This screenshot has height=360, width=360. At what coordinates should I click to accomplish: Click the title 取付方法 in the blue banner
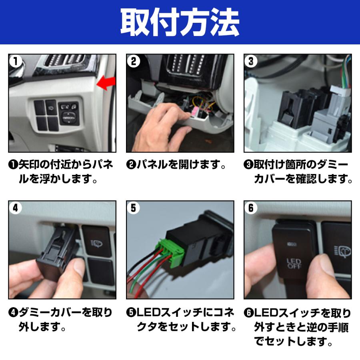click(180, 22)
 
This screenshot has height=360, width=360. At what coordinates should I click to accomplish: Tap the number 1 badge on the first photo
click(15, 61)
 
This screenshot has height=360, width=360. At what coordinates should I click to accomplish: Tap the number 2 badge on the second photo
click(133, 61)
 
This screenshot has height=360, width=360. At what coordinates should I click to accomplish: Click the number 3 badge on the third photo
click(251, 61)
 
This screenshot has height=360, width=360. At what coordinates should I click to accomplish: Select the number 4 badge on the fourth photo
click(15, 208)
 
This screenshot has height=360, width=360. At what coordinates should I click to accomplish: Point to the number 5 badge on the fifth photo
click(133, 208)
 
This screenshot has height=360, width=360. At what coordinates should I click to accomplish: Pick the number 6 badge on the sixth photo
click(251, 208)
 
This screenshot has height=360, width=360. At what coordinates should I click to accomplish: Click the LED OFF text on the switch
click(294, 264)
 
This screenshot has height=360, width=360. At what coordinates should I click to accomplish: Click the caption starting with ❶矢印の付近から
click(60, 171)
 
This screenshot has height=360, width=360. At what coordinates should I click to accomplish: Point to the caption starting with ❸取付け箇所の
click(298, 171)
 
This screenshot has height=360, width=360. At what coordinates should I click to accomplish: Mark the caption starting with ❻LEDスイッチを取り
click(298, 326)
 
